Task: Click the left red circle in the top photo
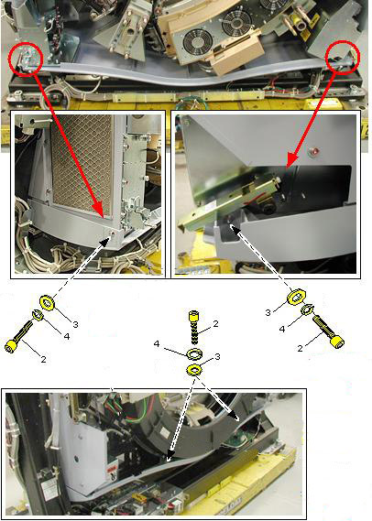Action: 10,60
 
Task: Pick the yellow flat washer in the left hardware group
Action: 47,302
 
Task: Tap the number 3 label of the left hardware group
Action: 75,324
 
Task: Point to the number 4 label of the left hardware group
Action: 67,337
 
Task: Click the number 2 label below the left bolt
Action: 44,359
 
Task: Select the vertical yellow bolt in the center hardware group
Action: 194,327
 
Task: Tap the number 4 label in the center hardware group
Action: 157,344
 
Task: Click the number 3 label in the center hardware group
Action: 217,357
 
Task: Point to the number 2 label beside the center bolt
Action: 215,323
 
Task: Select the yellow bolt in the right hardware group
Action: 328,331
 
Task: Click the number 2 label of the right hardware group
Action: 300,348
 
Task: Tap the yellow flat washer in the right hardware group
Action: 295,297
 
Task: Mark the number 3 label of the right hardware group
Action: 268,312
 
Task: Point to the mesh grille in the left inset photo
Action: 82,166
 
